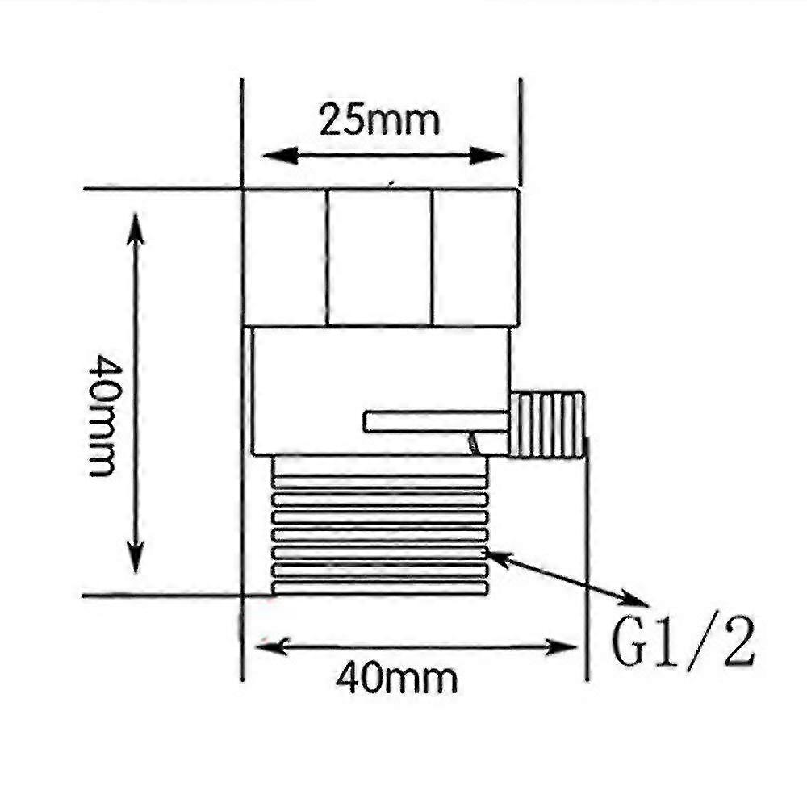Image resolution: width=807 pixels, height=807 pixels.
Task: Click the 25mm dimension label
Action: (379, 121)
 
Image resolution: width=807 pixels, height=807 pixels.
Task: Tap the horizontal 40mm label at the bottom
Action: (396, 679)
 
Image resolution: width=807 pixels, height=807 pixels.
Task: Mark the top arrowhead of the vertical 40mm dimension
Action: (135, 226)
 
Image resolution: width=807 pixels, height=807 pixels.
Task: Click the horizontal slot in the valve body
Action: (436, 421)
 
